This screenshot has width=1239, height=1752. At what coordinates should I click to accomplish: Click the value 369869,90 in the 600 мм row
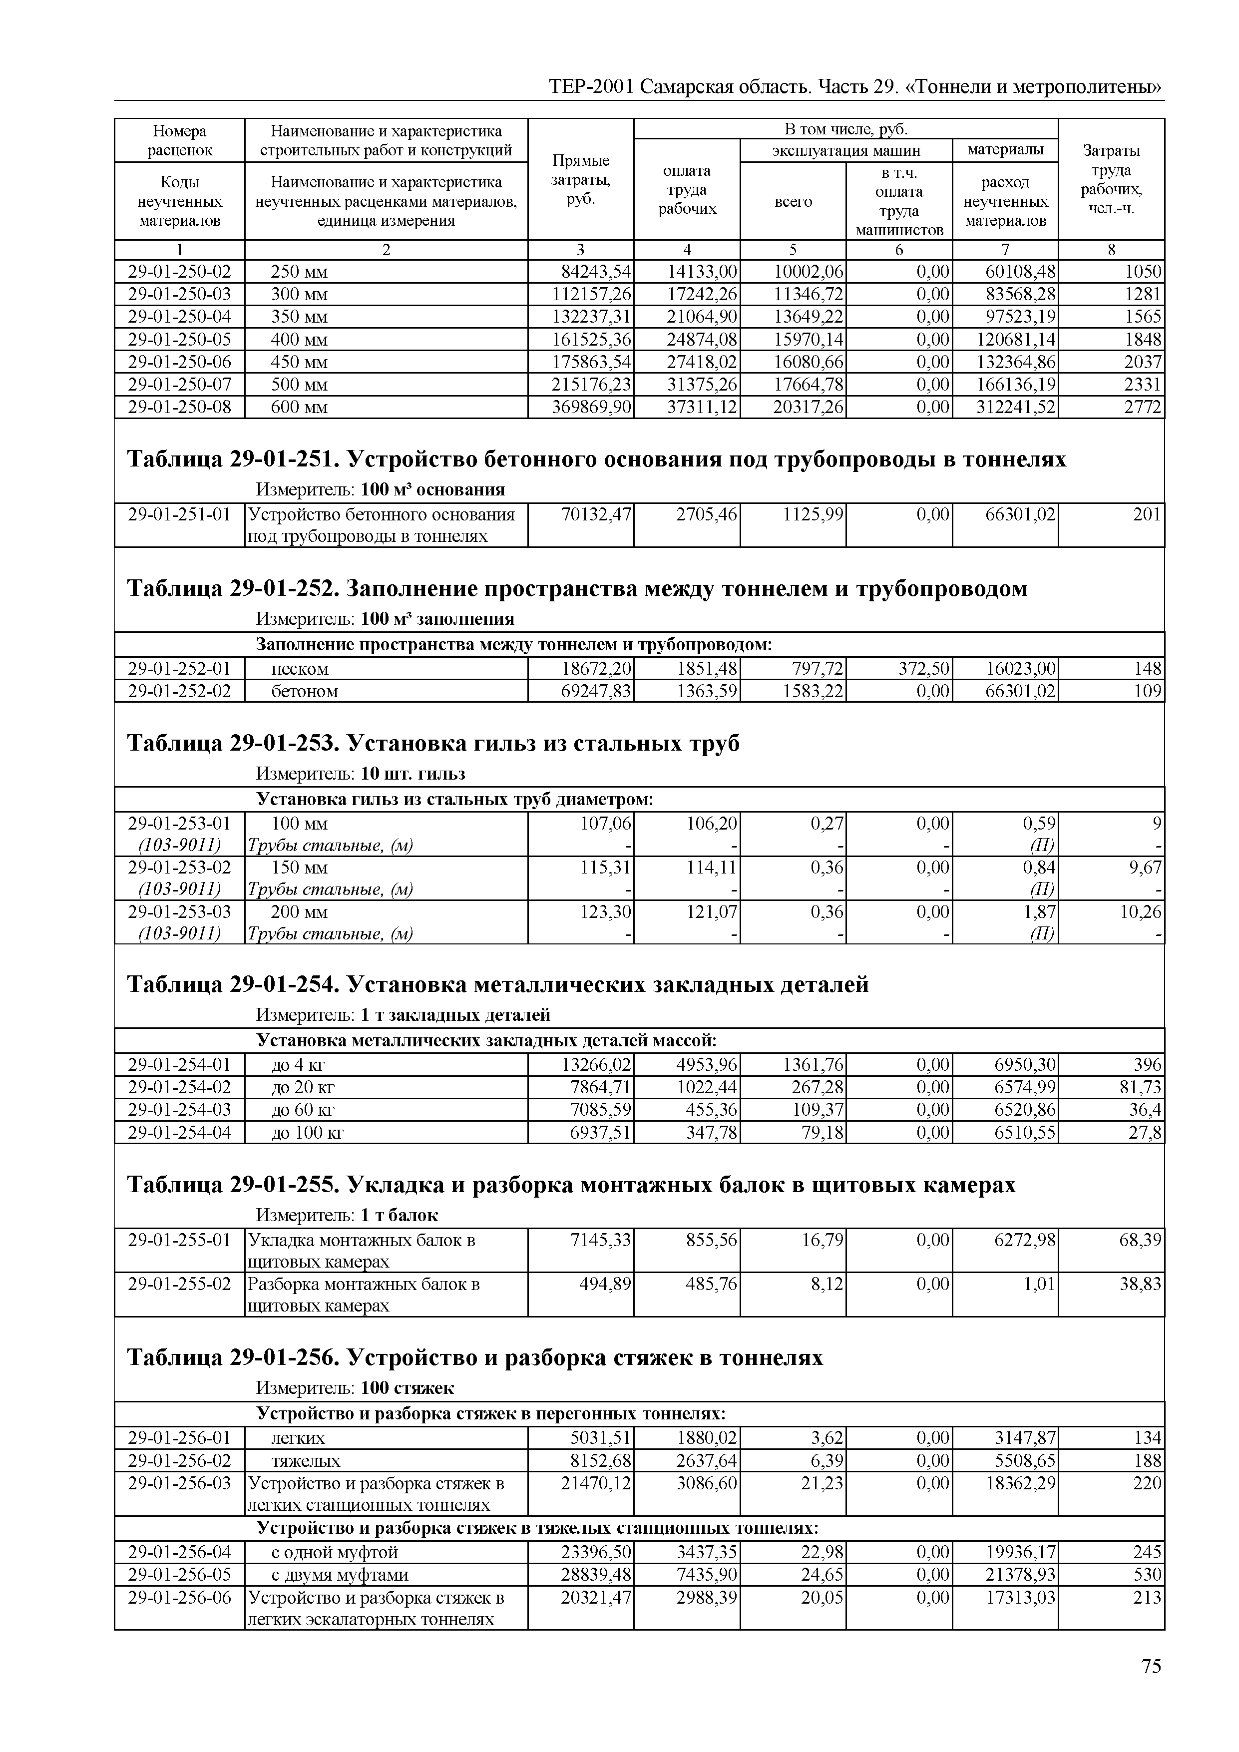coord(591,408)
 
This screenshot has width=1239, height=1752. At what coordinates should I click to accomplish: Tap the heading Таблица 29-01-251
coord(595,459)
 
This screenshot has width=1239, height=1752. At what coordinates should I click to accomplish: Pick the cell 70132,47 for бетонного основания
coord(596,515)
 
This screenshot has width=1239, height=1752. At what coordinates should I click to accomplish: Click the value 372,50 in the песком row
coord(923,669)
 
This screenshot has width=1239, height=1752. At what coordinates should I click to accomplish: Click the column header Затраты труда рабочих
coord(1111,179)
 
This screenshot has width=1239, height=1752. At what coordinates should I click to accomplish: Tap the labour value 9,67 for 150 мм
coord(1145,868)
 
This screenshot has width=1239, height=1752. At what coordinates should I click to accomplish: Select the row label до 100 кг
coord(308,1132)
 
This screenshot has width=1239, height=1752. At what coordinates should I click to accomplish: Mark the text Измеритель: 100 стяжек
coord(355,1387)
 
